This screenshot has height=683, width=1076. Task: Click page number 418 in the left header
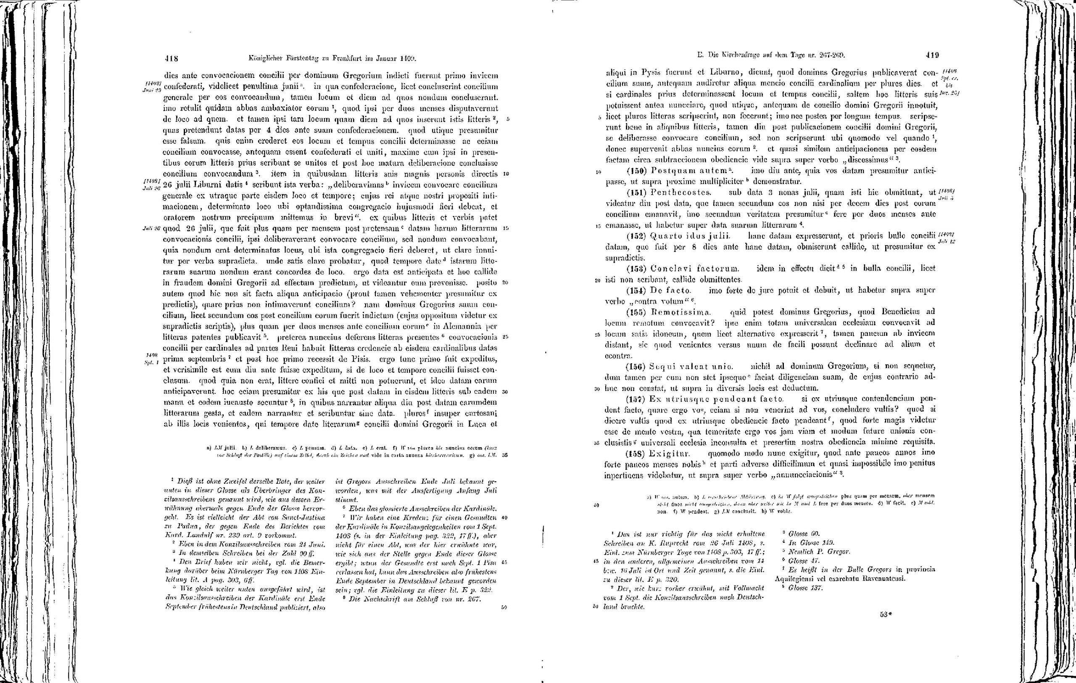171,58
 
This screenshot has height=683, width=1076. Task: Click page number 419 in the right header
933,55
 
